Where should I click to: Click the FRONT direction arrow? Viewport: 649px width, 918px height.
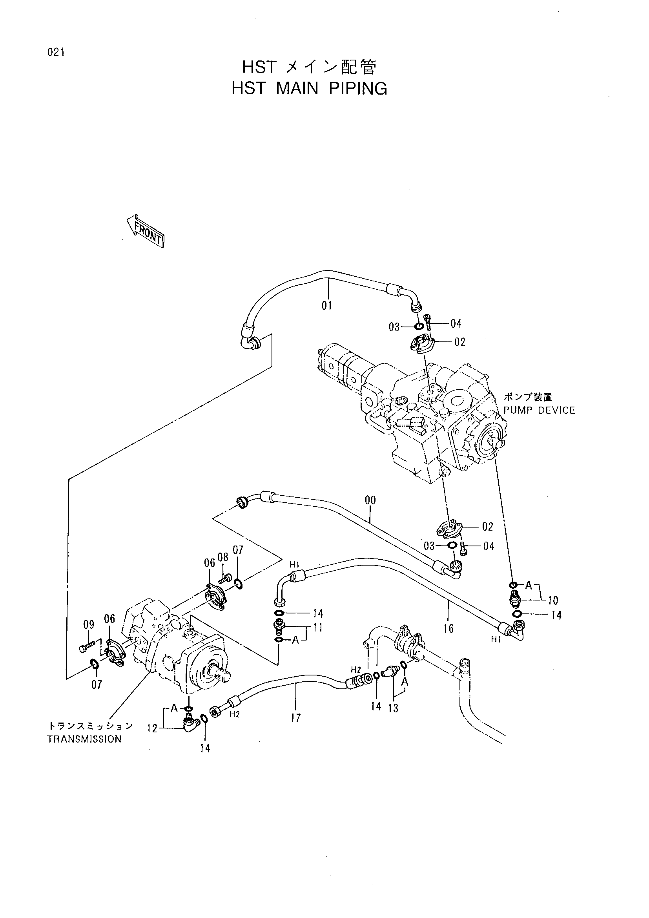(146, 230)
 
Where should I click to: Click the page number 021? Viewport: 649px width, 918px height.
(56, 52)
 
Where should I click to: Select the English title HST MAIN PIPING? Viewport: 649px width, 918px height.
(309, 88)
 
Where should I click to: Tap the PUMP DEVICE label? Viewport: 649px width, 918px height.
(539, 410)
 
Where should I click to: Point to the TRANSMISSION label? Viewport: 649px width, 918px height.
(84, 739)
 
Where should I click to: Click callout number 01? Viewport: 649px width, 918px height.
(327, 306)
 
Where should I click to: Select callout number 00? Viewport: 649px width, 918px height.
(370, 500)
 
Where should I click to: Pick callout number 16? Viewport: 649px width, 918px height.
(448, 629)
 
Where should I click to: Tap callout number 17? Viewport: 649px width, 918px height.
(295, 718)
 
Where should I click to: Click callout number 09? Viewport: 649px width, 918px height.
(89, 624)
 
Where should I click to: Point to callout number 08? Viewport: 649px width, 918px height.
(223, 557)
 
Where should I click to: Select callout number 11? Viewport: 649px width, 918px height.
(318, 627)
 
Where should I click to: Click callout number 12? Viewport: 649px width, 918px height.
(152, 729)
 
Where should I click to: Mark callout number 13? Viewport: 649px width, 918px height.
(393, 708)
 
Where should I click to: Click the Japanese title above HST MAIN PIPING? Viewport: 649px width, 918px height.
(309, 68)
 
